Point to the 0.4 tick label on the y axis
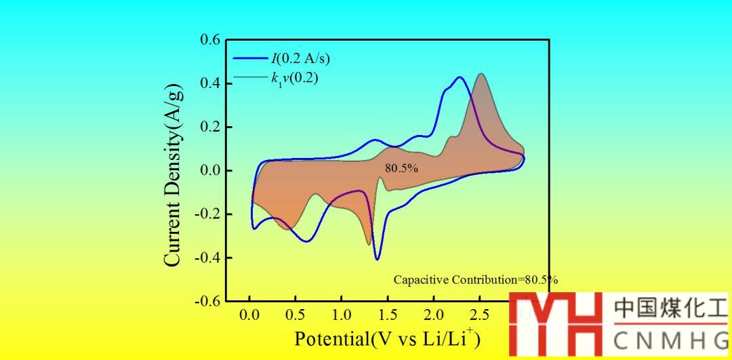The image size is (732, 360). pyautogui.click(x=210, y=84)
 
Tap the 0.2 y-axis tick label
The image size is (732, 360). pyautogui.click(x=210, y=127)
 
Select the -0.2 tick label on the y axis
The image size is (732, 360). pyautogui.click(x=208, y=214)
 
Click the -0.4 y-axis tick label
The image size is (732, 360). pyautogui.click(x=208, y=258)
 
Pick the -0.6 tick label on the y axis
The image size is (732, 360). pyautogui.click(x=208, y=301)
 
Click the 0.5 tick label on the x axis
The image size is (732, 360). pyautogui.click(x=296, y=315)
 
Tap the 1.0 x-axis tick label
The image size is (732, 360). pyautogui.click(x=342, y=315)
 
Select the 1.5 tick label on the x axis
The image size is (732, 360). pyautogui.click(x=388, y=315)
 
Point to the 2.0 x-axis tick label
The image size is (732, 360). pyautogui.click(x=434, y=315)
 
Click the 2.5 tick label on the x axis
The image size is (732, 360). pyautogui.click(x=479, y=315)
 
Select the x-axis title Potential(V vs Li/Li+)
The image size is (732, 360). pyautogui.click(x=387, y=338)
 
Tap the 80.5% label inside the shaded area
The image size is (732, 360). pyautogui.click(x=401, y=168)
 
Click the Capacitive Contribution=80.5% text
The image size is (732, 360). pyautogui.click(x=475, y=279)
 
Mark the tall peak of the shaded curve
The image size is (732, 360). pyautogui.click(x=481, y=74)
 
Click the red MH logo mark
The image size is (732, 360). pyautogui.click(x=555, y=324)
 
